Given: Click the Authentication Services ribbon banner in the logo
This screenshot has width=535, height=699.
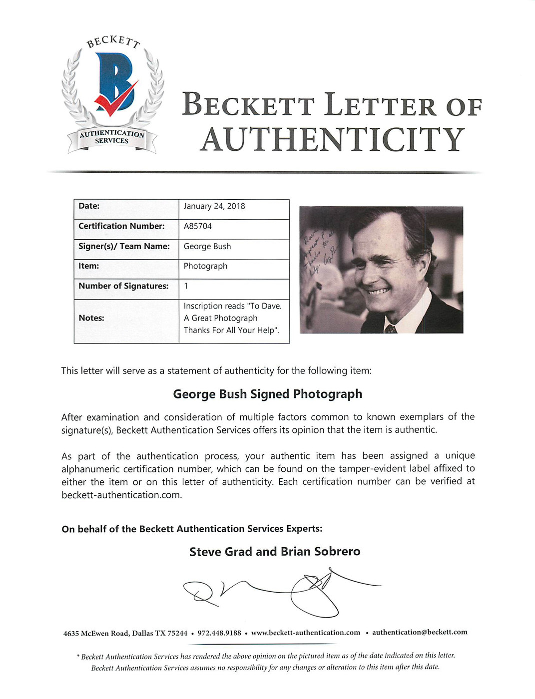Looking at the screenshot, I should click(x=112, y=137).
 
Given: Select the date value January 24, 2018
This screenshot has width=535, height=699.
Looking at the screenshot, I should click(x=214, y=206).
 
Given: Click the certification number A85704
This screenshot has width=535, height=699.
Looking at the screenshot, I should click(x=197, y=226).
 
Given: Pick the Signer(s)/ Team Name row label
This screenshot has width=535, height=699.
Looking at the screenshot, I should click(x=124, y=246).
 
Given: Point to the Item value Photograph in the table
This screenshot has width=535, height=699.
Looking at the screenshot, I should click(x=205, y=266).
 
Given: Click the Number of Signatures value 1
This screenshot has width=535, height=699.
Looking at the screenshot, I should click(x=186, y=286).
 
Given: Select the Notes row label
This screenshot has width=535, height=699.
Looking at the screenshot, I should click(x=91, y=318).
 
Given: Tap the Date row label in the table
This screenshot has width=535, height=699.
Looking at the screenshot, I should click(x=89, y=206).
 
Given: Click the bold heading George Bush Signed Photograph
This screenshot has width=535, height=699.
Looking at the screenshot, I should click(x=267, y=394).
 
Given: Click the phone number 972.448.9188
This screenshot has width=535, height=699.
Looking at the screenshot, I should click(x=219, y=633).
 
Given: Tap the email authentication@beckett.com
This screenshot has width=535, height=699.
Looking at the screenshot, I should click(x=420, y=632).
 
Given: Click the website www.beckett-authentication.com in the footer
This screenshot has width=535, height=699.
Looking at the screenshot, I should click(x=305, y=633).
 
